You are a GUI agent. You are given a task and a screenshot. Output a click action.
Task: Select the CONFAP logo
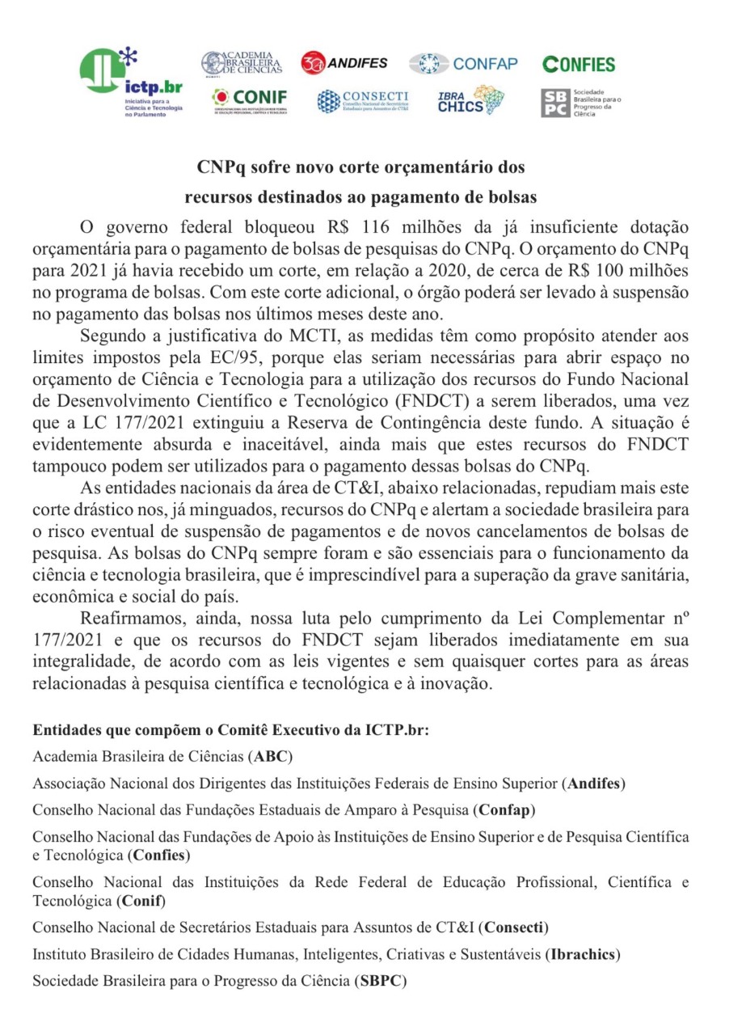[463, 64]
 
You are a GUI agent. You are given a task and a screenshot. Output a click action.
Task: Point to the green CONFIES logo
[579, 65]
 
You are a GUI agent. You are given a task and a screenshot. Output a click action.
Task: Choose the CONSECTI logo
[363, 101]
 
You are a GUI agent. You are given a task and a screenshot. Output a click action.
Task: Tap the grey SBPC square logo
[554, 103]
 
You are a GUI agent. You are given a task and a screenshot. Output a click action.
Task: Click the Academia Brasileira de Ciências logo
[242, 62]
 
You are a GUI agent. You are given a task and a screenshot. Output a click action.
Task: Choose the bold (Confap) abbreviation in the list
[504, 809]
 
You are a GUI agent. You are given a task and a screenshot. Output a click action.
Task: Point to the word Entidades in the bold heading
[65, 730]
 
